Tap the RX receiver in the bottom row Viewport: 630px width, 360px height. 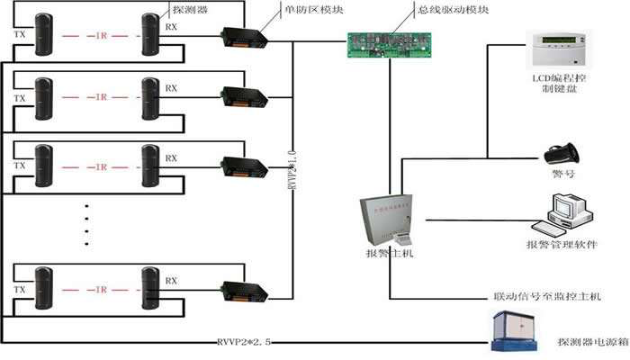(150, 286)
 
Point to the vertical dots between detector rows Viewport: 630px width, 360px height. (87, 225)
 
